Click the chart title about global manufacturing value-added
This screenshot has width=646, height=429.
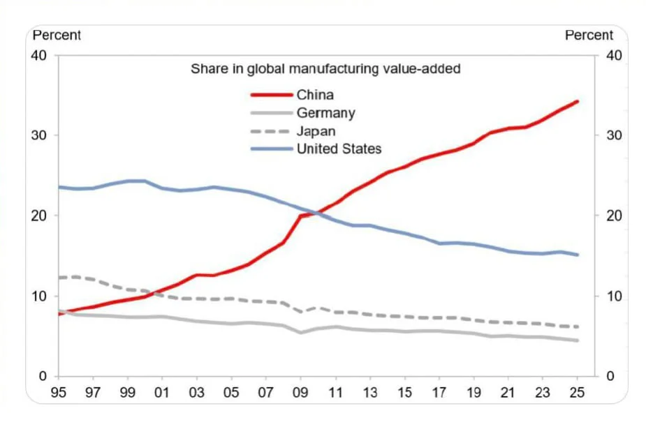coord(325,69)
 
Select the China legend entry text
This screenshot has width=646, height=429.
coord(315,95)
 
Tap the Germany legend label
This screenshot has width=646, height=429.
coord(325,113)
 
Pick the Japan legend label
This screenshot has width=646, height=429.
coord(316,131)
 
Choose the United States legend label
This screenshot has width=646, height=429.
coord(339,149)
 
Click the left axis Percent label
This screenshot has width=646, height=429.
coord(57,35)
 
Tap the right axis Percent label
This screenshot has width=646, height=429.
coord(589,35)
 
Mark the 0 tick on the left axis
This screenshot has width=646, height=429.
coord(43,377)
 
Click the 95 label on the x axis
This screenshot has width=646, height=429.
coord(59,392)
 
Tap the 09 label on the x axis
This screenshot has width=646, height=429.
coord(300,392)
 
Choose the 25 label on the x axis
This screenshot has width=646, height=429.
coord(577,392)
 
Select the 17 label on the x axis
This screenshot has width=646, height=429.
coord(439,392)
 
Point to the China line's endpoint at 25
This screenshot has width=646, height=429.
coord(577,101)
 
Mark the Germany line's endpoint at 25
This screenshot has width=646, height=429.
coord(577,340)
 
